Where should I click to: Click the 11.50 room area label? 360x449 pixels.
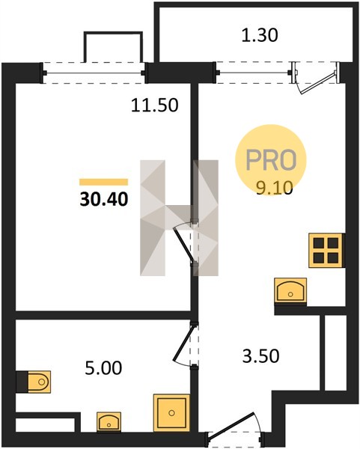click(155, 105)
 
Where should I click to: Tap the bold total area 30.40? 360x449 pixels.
click(104, 199)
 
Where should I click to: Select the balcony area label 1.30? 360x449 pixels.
click(260, 36)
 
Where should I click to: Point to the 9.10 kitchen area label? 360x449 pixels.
click(275, 188)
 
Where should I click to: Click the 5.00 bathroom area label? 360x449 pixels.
click(103, 368)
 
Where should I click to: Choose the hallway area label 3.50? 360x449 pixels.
click(260, 356)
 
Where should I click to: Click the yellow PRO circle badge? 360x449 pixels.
click(271, 160)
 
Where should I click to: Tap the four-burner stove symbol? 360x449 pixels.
click(326, 251)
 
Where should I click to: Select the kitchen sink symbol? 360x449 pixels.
click(290, 290)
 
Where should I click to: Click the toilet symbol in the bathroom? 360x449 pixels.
click(39, 382)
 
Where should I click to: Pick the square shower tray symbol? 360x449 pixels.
click(171, 412)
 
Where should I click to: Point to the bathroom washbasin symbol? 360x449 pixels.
click(109, 421)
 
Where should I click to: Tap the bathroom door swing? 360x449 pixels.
click(182, 343)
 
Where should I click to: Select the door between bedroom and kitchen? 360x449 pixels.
click(186, 242)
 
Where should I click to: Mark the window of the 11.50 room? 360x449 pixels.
click(94, 73)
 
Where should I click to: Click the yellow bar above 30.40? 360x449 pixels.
click(104, 182)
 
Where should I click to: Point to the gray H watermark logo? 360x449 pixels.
click(179, 218)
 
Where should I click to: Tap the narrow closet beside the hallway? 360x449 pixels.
click(335, 352)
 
